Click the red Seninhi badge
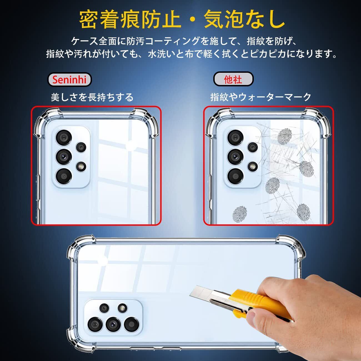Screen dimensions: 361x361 69,80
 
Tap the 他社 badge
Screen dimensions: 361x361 233,79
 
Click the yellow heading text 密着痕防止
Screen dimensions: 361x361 130,19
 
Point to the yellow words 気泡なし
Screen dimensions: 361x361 244,19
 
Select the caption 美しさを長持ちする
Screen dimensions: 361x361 92,97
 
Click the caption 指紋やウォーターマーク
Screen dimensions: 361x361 260,97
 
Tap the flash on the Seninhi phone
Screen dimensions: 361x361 81,167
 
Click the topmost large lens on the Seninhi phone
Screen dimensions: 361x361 64,138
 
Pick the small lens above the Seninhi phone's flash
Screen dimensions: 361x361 81,147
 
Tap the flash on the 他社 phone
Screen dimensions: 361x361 253,166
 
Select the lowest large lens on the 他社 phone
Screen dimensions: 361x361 235,176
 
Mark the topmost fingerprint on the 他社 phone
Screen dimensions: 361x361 284,136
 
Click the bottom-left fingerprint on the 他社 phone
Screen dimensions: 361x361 240,214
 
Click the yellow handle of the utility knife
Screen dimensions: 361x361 260,304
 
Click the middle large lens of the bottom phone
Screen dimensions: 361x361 113,324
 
